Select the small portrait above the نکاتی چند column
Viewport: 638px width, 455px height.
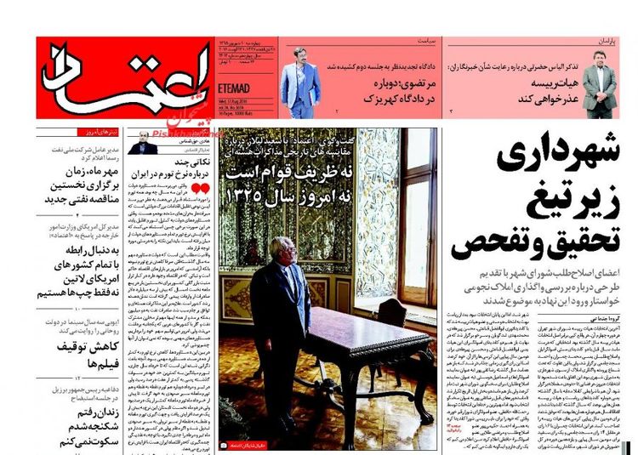coord(144,145)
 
